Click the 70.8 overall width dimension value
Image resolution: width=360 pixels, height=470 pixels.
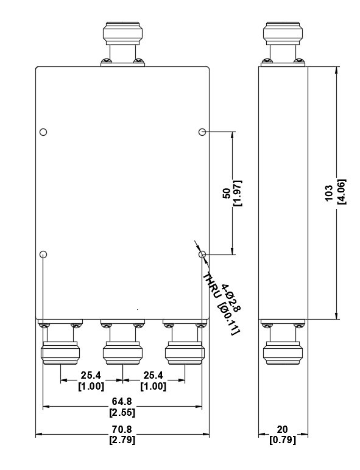[122, 430]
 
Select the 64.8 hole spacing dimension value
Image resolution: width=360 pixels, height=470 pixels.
[122, 401]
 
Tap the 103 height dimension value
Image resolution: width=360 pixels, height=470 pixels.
[329, 192]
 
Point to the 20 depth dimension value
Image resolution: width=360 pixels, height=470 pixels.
[282, 430]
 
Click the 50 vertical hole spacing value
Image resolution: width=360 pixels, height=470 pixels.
[227, 193]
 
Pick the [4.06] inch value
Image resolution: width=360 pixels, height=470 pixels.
[341, 192]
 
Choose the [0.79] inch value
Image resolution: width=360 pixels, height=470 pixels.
[283, 440]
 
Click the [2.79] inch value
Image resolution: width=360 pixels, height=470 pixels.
[122, 440]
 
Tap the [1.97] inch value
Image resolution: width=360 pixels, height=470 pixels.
[238, 193]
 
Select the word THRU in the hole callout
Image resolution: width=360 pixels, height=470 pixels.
[212, 286]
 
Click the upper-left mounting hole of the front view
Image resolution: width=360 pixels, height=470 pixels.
[43, 132]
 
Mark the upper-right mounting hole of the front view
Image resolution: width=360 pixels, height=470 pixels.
[202, 132]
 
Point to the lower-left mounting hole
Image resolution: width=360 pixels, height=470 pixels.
[43, 254]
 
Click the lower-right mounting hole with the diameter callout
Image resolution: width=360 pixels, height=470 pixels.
[202, 254]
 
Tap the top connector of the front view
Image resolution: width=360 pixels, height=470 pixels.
[122, 43]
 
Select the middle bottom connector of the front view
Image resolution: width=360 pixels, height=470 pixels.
[122, 342]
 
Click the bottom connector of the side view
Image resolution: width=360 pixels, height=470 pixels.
[283, 342]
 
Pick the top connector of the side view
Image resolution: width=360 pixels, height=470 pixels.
[283, 43]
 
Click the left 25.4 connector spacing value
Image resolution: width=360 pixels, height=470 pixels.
[91, 375]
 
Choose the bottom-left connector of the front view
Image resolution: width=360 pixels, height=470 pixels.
[60, 342]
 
